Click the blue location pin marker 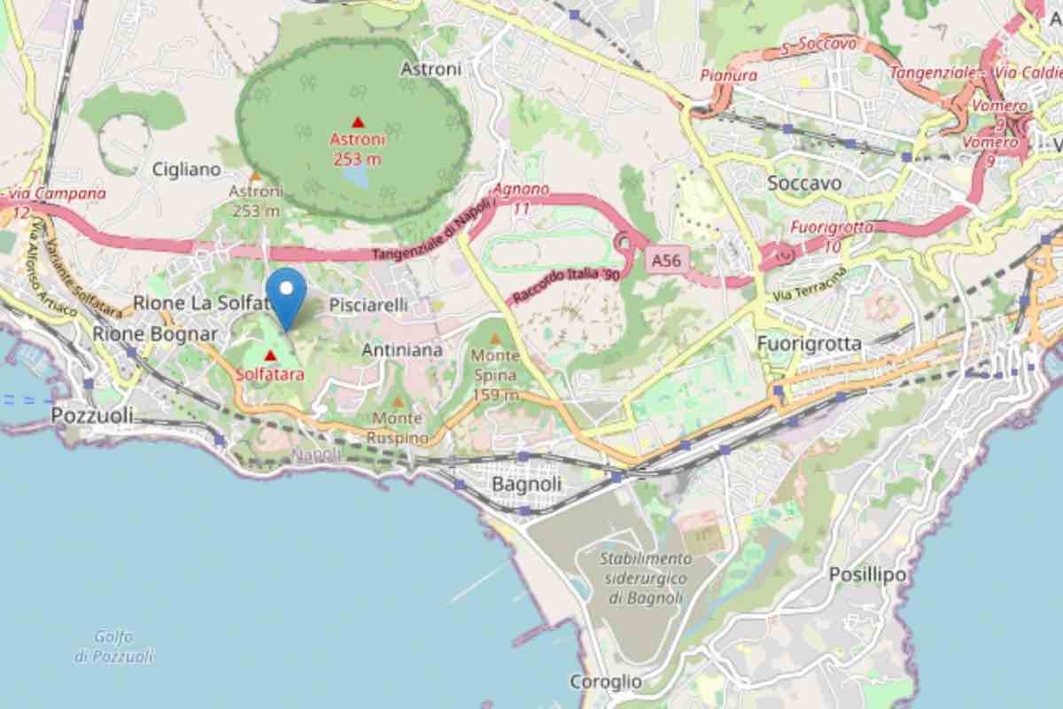286,297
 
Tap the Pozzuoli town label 92,416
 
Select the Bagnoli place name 526,485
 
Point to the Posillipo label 867,575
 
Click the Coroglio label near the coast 606,682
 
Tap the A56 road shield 668,260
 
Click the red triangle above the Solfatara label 270,355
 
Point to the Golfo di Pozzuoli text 113,646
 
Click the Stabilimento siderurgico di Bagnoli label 646,578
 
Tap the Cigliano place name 185,169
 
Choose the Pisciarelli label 369,305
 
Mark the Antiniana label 402,350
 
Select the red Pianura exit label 729,76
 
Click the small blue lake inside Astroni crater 357,177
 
